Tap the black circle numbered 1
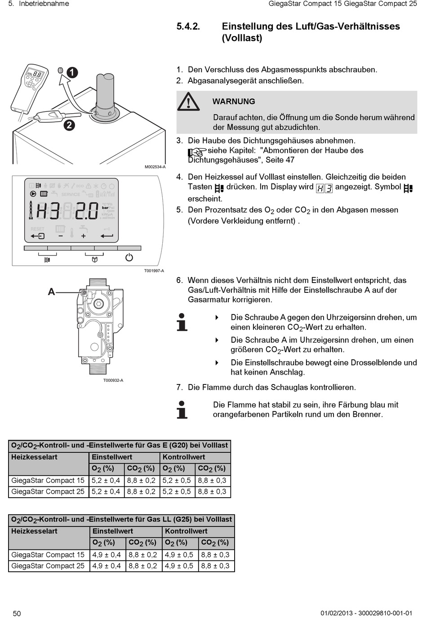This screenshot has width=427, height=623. tap(72, 72)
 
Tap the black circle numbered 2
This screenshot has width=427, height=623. tap(69, 125)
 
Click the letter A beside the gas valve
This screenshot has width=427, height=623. tap(52, 292)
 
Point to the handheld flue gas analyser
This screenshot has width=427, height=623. tap(30, 88)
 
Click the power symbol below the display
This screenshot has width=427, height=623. tap(129, 257)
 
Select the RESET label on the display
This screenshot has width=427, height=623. tap(38, 229)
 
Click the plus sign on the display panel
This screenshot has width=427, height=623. tap(83, 236)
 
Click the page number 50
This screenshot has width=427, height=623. tap(17, 614)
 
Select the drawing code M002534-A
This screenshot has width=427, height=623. tap(155, 167)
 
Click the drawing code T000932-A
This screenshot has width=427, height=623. tap(113, 380)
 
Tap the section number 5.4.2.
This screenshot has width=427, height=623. tap(188, 27)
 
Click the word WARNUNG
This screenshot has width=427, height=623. tap(234, 102)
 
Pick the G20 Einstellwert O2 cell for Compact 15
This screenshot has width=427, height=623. tap(106, 480)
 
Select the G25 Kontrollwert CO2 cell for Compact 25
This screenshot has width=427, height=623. tap(215, 566)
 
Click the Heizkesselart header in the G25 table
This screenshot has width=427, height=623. tap(35, 531)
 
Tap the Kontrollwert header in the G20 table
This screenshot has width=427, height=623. tap(184, 457)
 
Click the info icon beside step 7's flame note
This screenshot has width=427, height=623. tap(182, 409)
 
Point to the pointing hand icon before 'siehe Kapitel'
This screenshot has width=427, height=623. tap(196, 153)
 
